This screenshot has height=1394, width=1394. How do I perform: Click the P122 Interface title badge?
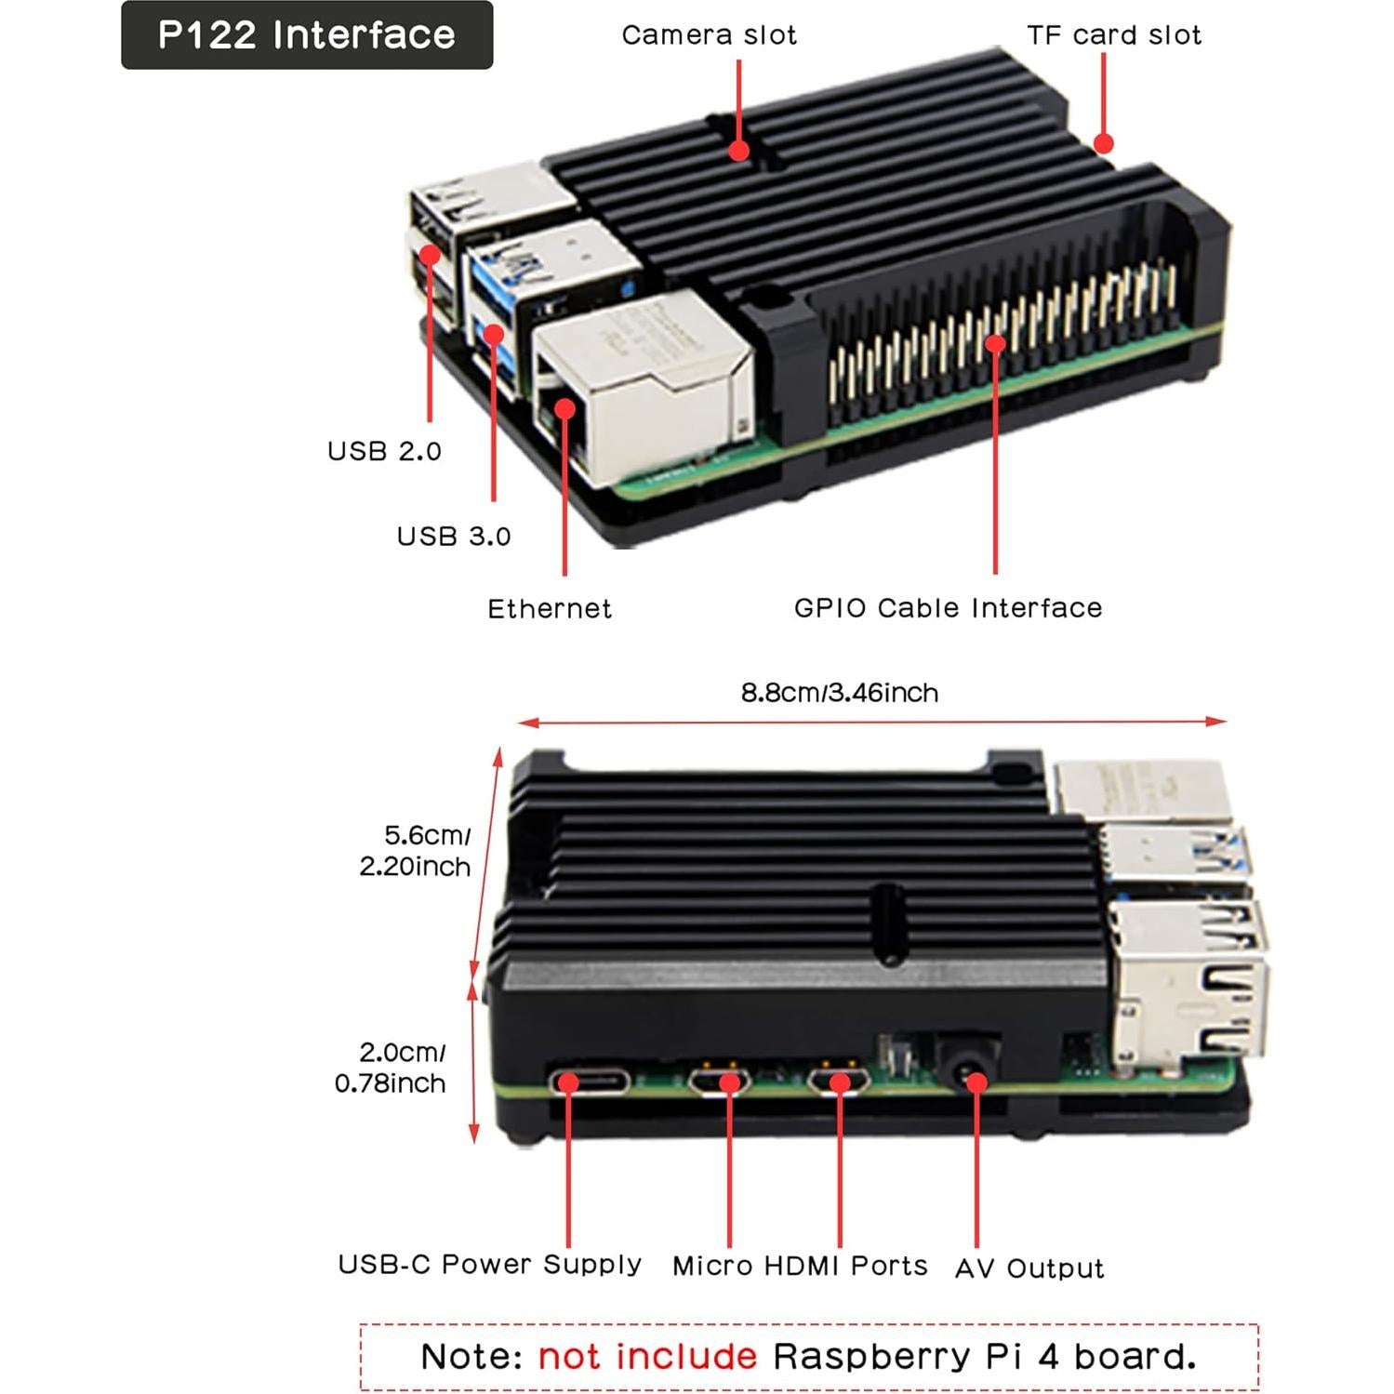pyautogui.click(x=307, y=35)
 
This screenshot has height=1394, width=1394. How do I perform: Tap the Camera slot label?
pyautogui.click(x=709, y=35)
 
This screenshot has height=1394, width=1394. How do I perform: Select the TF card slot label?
pyautogui.click(x=1113, y=35)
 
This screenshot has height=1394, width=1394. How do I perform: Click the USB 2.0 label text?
pyautogui.click(x=384, y=451)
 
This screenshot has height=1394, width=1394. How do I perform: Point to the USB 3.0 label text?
pyautogui.click(x=454, y=537)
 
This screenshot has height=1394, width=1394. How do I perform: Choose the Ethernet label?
pyautogui.click(x=550, y=609)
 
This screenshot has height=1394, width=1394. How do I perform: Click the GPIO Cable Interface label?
pyautogui.click(x=948, y=608)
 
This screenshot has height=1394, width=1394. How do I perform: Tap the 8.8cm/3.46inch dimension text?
pyautogui.click(x=839, y=693)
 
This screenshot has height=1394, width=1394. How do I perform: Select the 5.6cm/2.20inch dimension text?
pyautogui.click(x=416, y=851)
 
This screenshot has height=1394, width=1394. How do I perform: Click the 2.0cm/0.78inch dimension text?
pyautogui.click(x=391, y=1068)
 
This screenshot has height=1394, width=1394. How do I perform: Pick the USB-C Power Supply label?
pyautogui.click(x=489, y=1265)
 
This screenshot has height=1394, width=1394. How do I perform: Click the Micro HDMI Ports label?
pyautogui.click(x=800, y=1266)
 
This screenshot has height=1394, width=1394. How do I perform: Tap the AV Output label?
pyautogui.click(x=1029, y=1268)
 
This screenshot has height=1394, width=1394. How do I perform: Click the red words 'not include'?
pyautogui.click(x=647, y=1357)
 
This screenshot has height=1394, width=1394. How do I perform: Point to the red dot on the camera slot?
pyautogui.click(x=738, y=150)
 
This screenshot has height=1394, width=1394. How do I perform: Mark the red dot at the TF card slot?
pyautogui.click(x=1103, y=143)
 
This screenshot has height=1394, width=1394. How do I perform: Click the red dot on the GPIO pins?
pyautogui.click(x=995, y=344)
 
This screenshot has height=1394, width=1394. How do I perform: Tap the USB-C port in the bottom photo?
pyautogui.click(x=589, y=1082)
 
